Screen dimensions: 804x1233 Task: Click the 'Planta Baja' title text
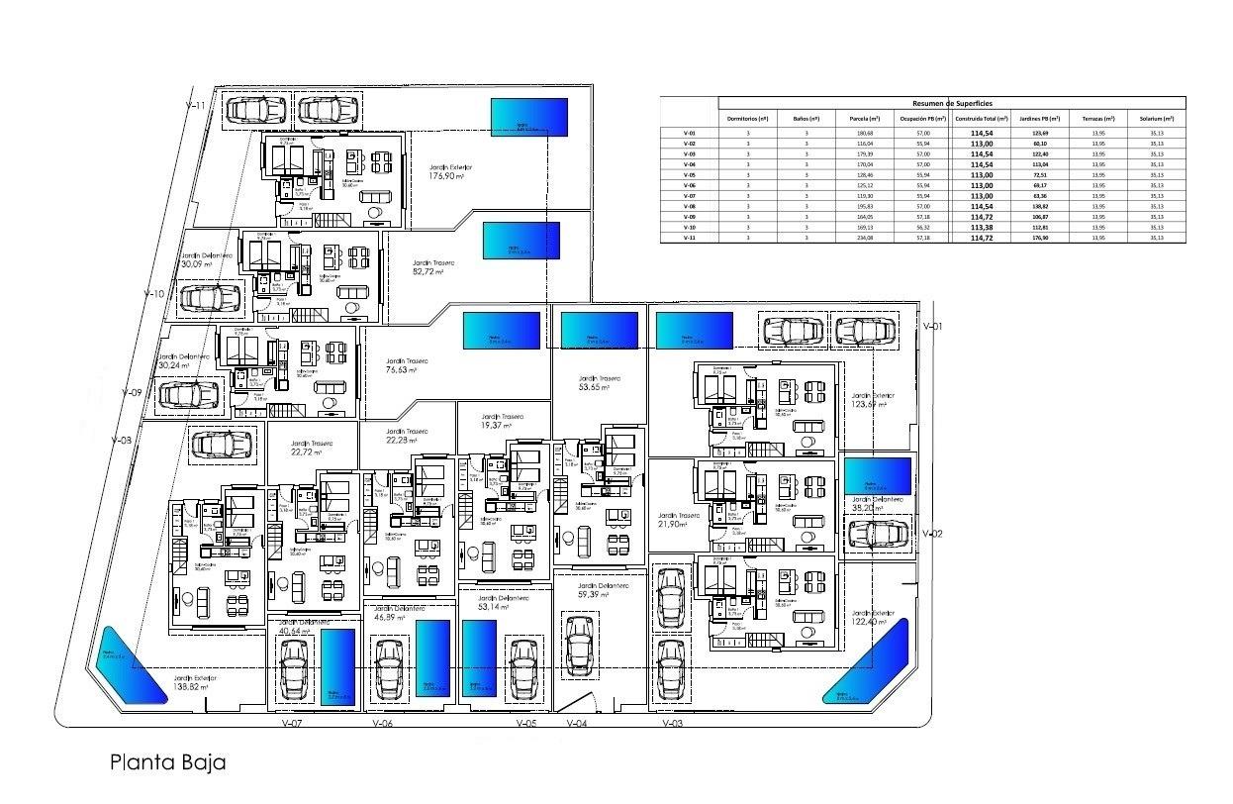click(167, 762)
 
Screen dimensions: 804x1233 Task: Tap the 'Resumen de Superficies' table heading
click(951, 103)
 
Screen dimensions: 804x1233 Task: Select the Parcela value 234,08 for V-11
click(858, 238)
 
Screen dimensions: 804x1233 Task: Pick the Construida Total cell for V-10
click(981, 228)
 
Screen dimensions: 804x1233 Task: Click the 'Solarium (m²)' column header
click(1156, 119)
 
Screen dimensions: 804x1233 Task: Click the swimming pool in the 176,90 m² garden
click(529, 117)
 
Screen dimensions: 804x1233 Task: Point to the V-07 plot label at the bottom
click(291, 724)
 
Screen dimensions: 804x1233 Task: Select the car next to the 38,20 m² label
click(878, 534)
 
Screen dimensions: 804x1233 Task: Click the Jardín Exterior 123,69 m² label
click(870, 398)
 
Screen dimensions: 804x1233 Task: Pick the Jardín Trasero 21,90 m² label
click(678, 520)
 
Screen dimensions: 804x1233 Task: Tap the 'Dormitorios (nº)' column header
click(748, 119)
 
